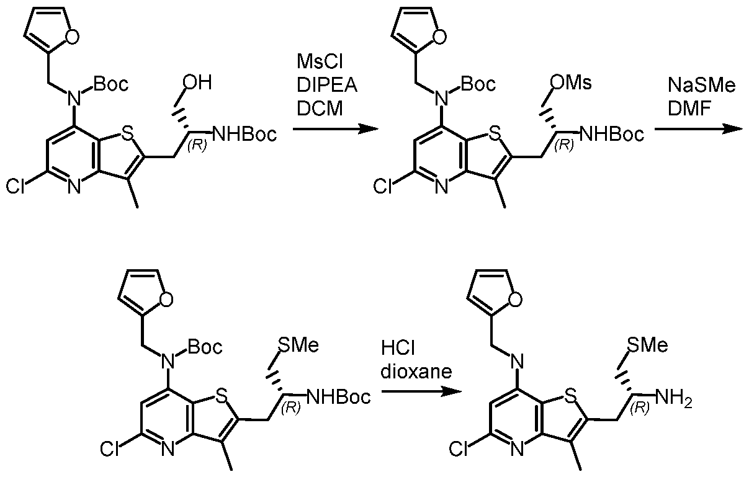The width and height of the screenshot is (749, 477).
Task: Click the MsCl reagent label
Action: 320,62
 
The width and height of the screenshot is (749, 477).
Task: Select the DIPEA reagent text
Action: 327,85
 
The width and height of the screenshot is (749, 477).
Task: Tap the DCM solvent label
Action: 320,109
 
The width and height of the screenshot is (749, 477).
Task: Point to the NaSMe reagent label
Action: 701,85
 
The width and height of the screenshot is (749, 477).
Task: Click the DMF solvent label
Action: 689,109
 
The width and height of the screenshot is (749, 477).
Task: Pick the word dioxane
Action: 416,371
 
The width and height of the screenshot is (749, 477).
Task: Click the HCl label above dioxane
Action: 398,348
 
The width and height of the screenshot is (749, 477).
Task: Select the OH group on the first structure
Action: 197,82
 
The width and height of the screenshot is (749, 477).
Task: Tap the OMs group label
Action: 571,82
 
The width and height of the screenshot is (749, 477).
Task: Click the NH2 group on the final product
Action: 673,398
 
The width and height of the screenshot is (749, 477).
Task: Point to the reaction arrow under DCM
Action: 335,128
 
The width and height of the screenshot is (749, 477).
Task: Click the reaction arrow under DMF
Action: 699,128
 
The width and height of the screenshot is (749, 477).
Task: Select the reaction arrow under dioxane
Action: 421,391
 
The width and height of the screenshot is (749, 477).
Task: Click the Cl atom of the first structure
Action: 16,186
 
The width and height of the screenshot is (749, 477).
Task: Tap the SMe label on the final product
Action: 648,345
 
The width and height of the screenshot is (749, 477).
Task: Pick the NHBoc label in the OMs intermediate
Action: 612,135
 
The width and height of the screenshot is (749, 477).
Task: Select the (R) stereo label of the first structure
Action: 197,145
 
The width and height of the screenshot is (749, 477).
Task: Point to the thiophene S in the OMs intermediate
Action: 495,135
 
